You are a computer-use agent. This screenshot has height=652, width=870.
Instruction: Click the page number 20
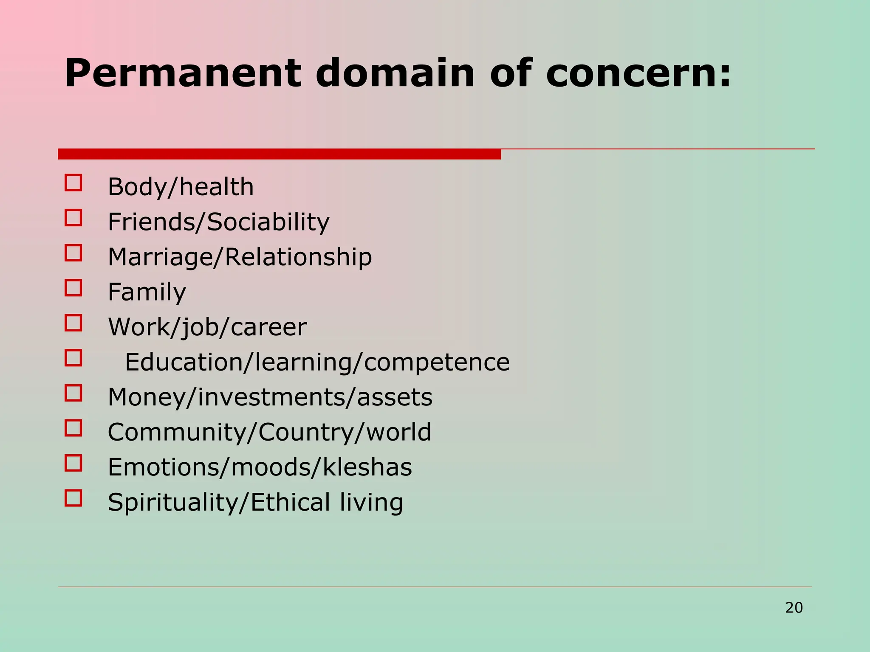pos(794,608)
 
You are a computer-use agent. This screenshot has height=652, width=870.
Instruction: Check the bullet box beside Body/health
pos(73,183)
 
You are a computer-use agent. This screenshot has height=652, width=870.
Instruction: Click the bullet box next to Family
pos(73,288)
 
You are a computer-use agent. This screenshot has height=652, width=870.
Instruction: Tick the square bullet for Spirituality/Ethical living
pos(73,498)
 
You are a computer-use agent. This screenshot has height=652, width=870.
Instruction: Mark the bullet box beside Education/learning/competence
pos(73,358)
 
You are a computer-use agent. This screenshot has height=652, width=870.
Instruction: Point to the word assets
pos(395,397)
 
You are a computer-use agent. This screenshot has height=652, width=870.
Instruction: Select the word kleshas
pos(367,467)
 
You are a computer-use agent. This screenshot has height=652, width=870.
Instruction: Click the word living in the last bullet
pos(371,503)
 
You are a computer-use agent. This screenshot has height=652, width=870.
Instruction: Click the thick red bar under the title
pos(279,154)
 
